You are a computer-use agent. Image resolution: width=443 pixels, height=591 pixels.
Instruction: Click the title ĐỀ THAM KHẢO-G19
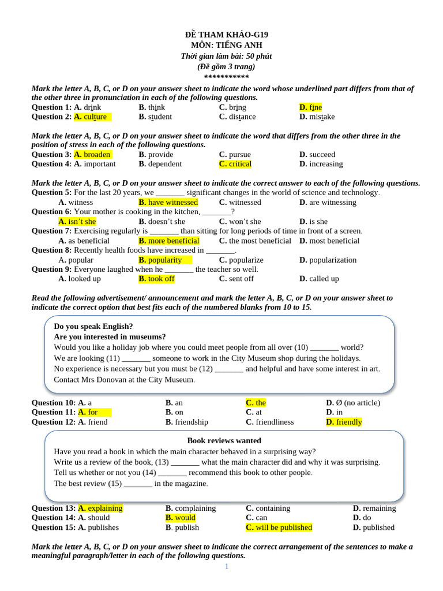click(226, 35)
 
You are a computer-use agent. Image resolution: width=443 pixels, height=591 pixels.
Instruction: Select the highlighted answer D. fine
click(310, 107)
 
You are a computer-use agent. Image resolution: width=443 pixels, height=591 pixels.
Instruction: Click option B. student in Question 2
click(155, 117)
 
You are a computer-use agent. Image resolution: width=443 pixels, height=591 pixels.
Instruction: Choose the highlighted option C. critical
click(235, 164)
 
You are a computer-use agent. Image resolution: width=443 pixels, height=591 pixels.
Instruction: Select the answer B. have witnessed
click(168, 203)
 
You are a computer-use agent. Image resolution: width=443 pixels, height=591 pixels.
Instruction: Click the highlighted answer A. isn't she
click(77, 222)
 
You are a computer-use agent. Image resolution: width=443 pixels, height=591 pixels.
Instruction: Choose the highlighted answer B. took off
click(156, 279)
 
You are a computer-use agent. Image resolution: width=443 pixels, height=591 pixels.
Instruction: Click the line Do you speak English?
click(93, 326)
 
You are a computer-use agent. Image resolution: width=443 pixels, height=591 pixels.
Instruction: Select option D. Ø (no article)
click(353, 403)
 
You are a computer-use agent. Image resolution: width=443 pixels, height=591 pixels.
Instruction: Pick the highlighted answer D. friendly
click(344, 422)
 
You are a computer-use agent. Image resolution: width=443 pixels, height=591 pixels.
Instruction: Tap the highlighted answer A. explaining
click(100, 508)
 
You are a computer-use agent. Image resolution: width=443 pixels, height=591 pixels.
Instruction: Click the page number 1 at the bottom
click(227, 567)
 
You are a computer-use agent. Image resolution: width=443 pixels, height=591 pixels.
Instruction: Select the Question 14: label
click(54, 518)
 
